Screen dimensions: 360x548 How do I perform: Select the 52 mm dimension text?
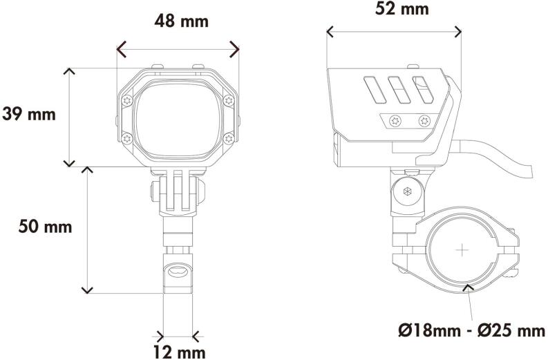(x=391, y=9)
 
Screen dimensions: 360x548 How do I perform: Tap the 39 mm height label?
(x=29, y=114)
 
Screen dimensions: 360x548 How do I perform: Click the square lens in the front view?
(x=178, y=117)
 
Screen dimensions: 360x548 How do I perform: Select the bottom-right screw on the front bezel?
(x=229, y=138)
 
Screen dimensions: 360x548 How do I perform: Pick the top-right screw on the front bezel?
(x=229, y=101)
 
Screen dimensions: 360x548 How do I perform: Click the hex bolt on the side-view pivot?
(x=407, y=193)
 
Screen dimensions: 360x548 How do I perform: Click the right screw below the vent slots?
(x=422, y=121)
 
